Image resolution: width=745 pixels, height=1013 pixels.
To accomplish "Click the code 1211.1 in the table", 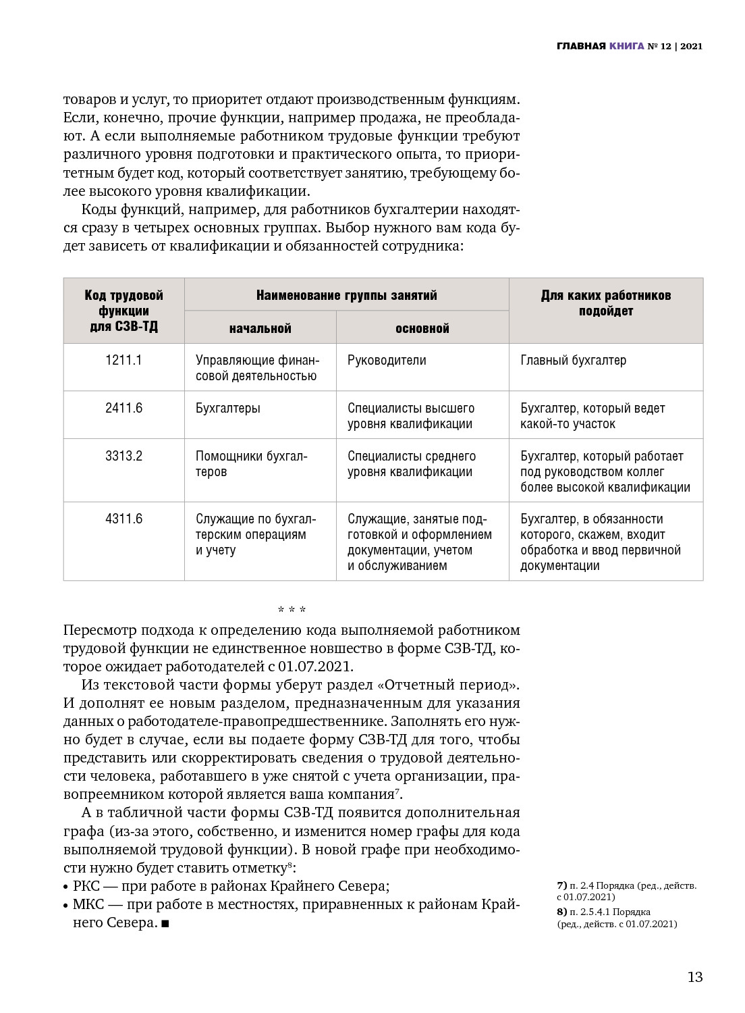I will click(123, 360).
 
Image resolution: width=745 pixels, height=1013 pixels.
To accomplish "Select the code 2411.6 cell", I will click(123, 408).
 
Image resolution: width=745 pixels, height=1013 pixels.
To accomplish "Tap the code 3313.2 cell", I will click(123, 456).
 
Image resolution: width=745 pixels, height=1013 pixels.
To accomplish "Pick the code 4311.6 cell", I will click(123, 519).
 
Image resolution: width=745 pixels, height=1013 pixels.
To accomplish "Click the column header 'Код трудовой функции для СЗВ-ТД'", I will click(123, 311).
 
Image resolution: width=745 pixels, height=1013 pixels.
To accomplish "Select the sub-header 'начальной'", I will click(260, 328).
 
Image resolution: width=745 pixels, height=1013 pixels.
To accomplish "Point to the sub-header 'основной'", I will click(422, 328).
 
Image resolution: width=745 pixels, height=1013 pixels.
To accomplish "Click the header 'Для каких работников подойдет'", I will click(605, 303).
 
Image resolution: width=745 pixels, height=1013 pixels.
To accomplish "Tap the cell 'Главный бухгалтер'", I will click(573, 360).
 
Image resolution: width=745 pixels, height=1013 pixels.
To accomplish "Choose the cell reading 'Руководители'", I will click(387, 360).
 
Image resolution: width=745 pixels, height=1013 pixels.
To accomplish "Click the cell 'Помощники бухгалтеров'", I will click(251, 463).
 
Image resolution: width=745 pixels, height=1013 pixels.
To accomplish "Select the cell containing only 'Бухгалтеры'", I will click(227, 408).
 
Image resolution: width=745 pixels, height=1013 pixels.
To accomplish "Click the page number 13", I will click(694, 977).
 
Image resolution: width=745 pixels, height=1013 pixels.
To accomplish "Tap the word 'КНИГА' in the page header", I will click(626, 47).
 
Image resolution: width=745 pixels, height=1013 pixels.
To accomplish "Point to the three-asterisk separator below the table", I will click(292, 610).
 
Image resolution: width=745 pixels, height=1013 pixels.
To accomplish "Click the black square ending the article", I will click(165, 923).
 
